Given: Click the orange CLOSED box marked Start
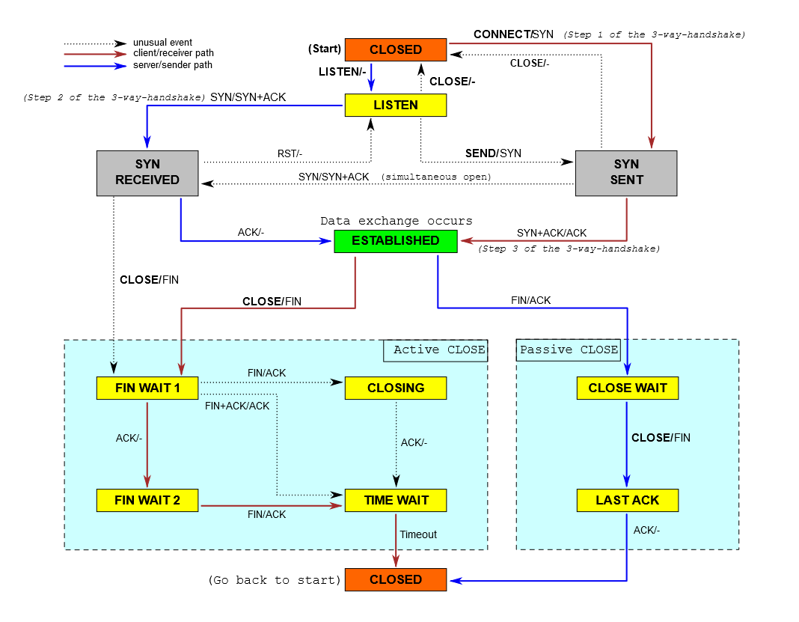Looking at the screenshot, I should click(x=395, y=49).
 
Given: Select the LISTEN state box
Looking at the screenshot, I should click(x=395, y=105).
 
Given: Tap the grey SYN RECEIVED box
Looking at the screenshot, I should click(x=147, y=173).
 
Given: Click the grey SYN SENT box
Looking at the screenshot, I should click(x=625, y=173).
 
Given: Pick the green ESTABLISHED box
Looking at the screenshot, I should click(x=395, y=241).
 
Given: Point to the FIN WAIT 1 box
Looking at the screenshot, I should click(x=147, y=388).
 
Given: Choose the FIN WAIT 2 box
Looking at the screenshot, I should click(x=147, y=500).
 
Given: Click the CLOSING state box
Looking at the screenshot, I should click(x=395, y=388).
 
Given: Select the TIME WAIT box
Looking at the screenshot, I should click(x=395, y=500).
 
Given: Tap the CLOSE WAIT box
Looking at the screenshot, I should click(x=627, y=388).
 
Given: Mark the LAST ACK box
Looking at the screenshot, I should click(x=627, y=500).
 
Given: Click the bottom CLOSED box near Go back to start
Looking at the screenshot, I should click(x=395, y=579).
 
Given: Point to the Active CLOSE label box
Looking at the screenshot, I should click(x=435, y=350).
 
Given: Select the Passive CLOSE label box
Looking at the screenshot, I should click(x=569, y=350).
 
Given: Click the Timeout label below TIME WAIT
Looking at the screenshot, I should click(x=418, y=534).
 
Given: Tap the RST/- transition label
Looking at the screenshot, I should click(x=290, y=153).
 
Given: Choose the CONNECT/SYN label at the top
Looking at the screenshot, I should click(x=513, y=35).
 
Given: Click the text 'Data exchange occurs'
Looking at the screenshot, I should click(x=396, y=221).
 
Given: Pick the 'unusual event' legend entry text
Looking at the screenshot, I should click(x=162, y=43).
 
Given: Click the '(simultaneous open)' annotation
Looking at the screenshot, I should click(x=436, y=177).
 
